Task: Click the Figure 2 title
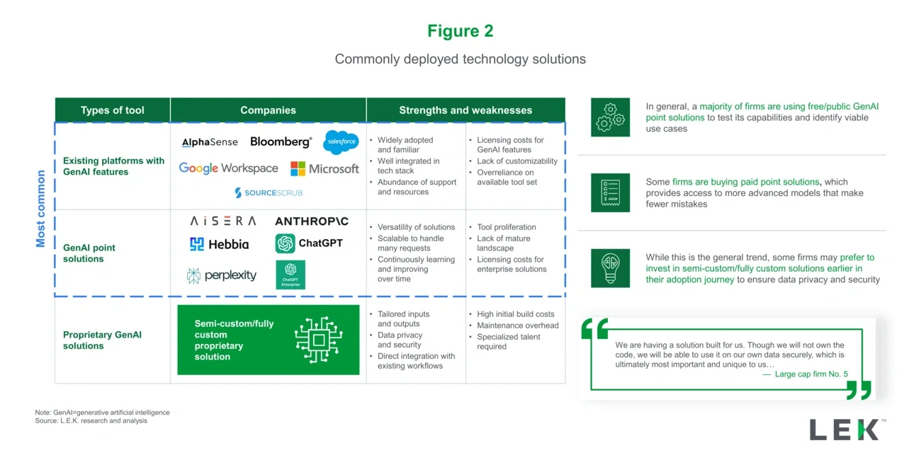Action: click(x=460, y=31)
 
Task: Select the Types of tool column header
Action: click(x=112, y=110)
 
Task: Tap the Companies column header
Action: click(x=268, y=110)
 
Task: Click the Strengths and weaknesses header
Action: click(x=465, y=110)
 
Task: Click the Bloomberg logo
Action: click(x=281, y=142)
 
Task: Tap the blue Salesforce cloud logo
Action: click(x=341, y=142)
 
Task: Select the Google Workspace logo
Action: click(x=228, y=168)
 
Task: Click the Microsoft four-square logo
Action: click(x=298, y=169)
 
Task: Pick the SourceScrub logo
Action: click(x=269, y=192)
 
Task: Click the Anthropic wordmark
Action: click(x=312, y=222)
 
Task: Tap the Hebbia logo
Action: click(x=219, y=244)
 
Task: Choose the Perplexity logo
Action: click(x=222, y=275)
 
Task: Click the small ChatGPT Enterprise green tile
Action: click(x=290, y=275)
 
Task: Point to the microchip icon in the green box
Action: click(x=319, y=340)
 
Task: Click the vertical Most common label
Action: click(x=40, y=209)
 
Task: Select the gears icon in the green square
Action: click(x=610, y=117)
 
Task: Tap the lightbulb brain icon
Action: click(x=610, y=268)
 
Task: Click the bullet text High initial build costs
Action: click(x=516, y=314)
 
